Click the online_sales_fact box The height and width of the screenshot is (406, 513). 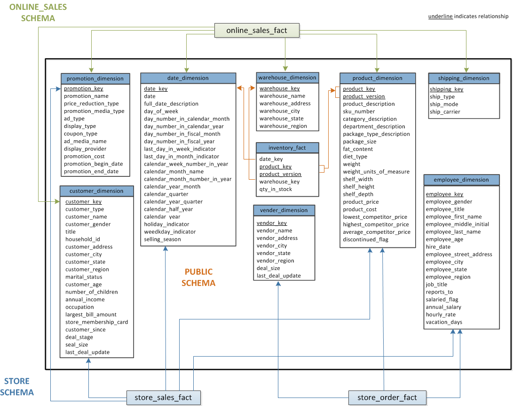(257, 31)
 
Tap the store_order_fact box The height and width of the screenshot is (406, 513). (387, 398)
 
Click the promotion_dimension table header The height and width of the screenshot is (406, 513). (95, 79)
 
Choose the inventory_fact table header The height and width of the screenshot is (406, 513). (287, 148)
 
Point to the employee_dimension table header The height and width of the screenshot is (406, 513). (461, 180)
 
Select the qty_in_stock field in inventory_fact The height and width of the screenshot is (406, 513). (276, 189)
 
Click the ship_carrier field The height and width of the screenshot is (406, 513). (445, 112)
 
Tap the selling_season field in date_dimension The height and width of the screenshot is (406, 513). (162, 239)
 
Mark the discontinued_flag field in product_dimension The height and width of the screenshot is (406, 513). (365, 239)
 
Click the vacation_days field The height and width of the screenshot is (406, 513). (444, 322)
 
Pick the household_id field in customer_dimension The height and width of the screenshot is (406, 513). (83, 239)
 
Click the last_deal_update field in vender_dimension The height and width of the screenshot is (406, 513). (278, 276)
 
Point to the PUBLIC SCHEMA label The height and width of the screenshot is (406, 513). (198, 278)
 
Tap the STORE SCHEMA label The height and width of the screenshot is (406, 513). (17, 387)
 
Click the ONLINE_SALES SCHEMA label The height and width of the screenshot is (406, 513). (38, 13)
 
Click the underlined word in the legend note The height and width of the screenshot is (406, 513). (440, 16)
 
